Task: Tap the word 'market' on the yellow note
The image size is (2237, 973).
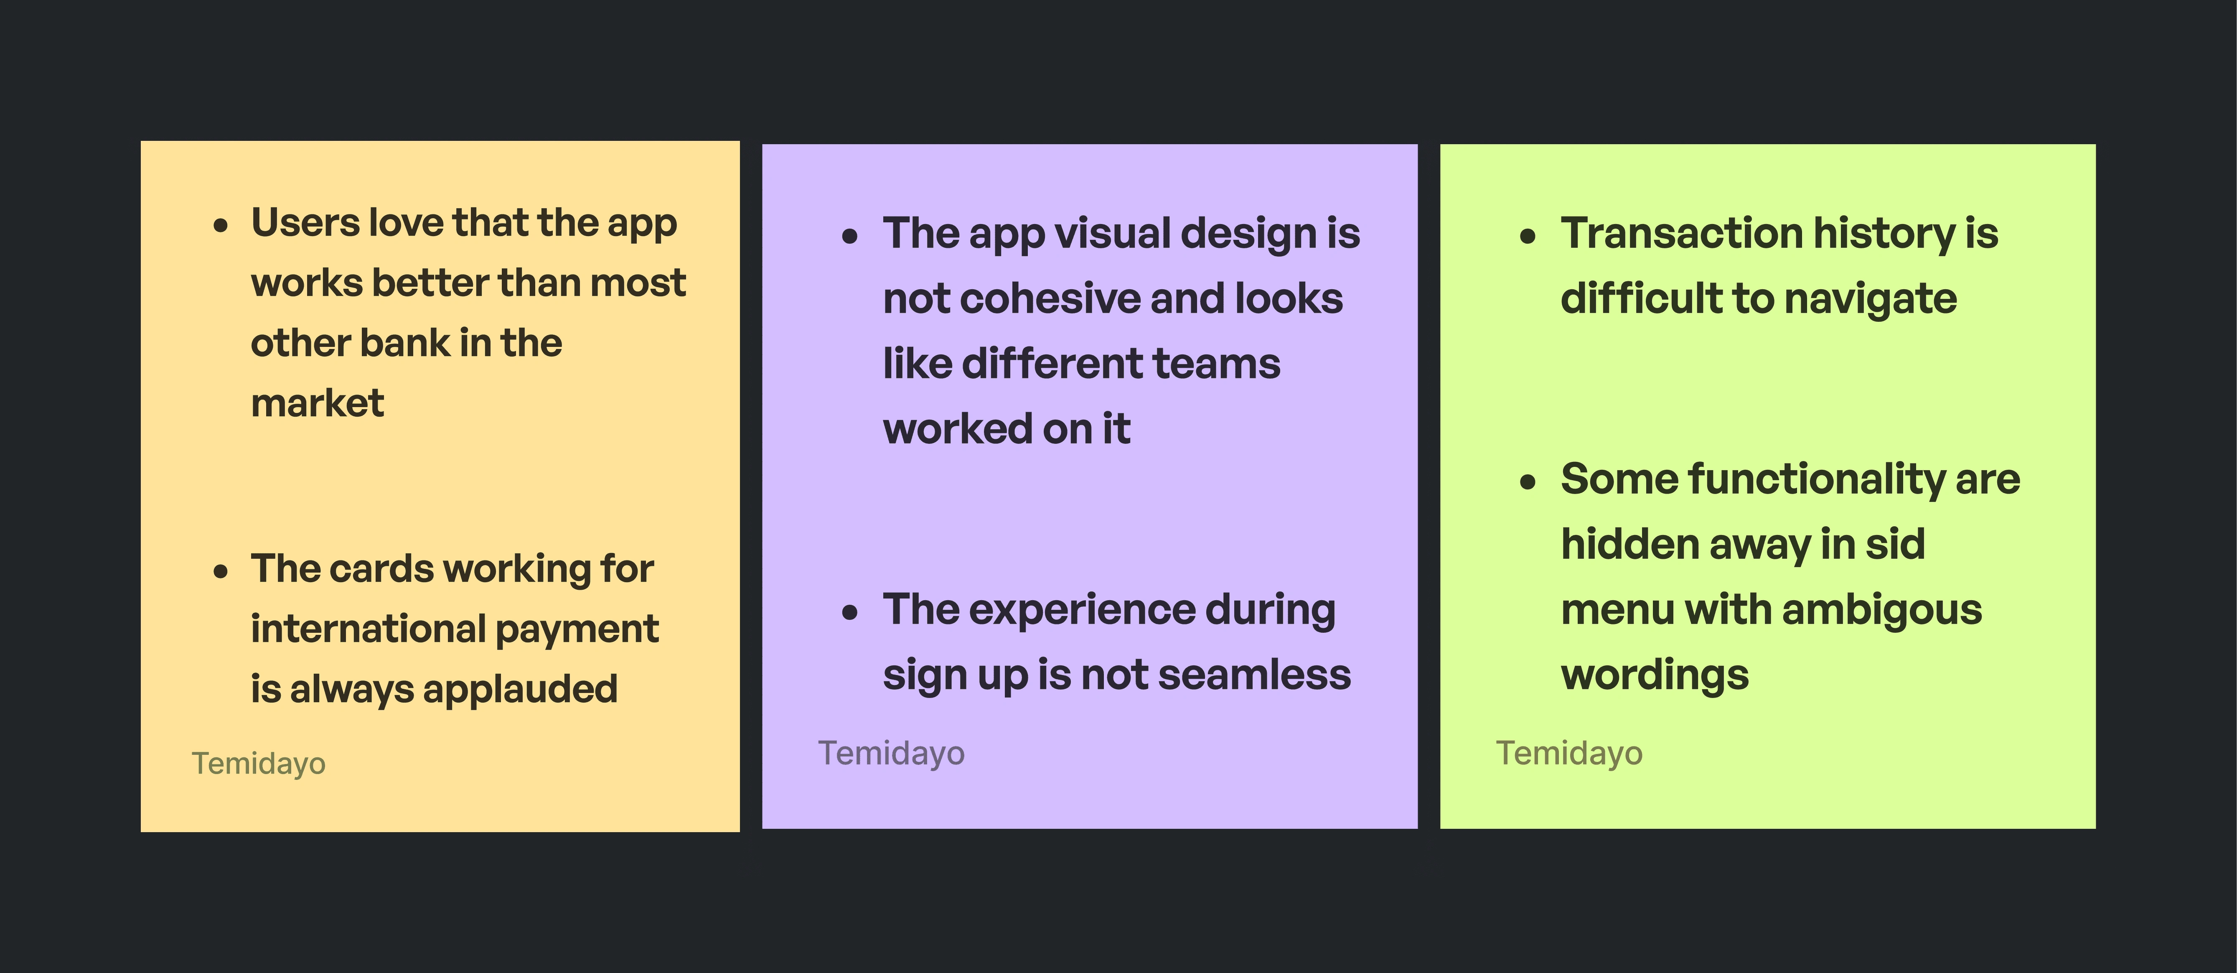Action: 317,403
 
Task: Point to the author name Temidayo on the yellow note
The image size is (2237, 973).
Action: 259,764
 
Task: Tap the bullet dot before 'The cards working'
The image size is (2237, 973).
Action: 221,572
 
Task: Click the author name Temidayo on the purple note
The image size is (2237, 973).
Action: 891,753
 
